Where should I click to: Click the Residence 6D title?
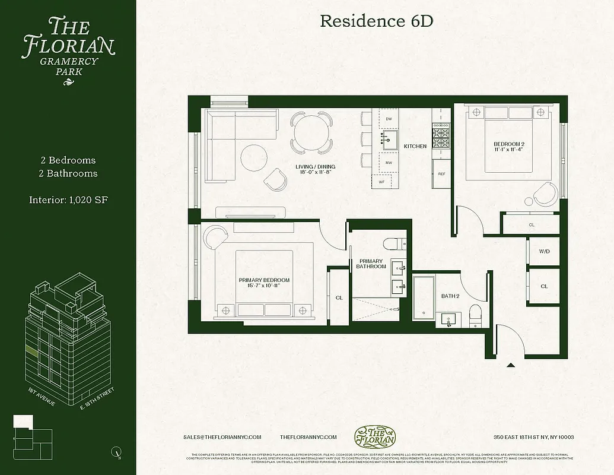pos(377,21)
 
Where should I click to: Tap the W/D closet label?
pos(544,252)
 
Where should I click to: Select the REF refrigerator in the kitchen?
pos(441,174)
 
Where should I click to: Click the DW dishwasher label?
pos(389,119)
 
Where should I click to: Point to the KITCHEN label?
pos(415,146)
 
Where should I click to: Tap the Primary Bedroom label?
pos(264,283)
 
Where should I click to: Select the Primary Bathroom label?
pos(371,264)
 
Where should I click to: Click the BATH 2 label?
pos(450,296)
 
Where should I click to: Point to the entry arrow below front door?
pos(510,366)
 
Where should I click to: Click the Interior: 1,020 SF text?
pos(68,199)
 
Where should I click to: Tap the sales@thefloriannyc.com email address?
pos(222,437)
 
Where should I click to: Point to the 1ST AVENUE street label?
pos(42,397)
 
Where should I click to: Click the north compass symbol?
pos(116,452)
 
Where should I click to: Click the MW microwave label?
pos(389,162)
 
